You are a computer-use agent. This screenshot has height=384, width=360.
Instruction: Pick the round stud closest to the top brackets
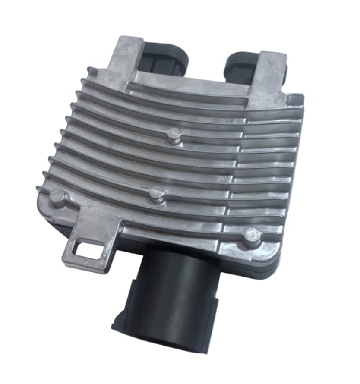click(x=174, y=135)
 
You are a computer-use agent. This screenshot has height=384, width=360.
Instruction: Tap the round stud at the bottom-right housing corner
click(x=251, y=235)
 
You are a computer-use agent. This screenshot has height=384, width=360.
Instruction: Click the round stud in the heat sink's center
click(x=157, y=193)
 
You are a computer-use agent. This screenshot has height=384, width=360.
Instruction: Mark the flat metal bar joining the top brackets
click(x=194, y=82)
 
